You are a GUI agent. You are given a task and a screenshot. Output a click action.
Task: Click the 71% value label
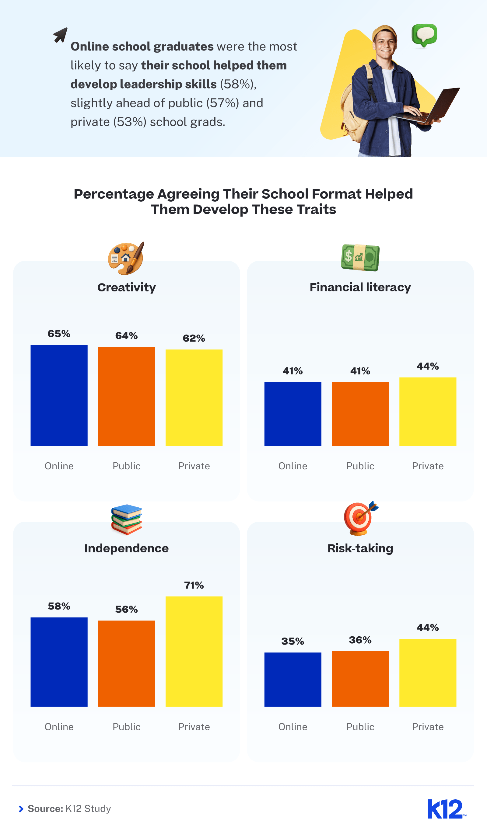tap(194, 585)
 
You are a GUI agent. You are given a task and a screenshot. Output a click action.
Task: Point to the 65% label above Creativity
tap(59, 334)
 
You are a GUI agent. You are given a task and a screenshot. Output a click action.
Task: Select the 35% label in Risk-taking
tap(293, 642)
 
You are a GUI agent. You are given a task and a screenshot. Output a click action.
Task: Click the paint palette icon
tap(126, 259)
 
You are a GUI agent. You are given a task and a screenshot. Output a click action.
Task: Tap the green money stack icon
tap(360, 258)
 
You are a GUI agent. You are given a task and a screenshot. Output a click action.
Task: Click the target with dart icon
tap(360, 518)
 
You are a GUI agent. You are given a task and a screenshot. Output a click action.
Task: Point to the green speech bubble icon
tap(424, 35)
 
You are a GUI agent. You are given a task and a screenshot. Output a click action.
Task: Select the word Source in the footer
tap(45, 808)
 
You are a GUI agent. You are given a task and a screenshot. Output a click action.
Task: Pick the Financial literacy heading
tap(360, 287)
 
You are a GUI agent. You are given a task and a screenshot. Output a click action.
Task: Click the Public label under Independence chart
tap(126, 727)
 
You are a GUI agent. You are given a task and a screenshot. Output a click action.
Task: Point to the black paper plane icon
tap(61, 35)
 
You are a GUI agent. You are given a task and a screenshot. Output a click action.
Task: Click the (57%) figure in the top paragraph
tap(222, 103)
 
